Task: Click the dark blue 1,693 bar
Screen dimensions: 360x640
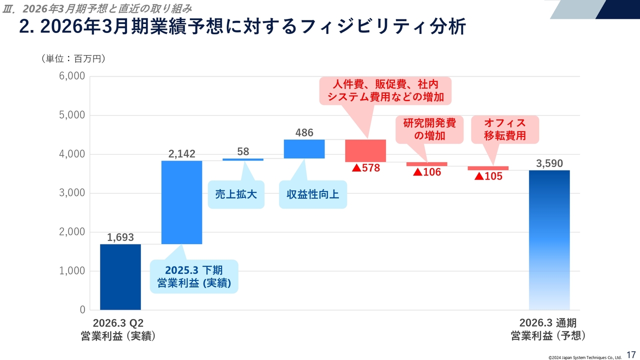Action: click(x=120, y=277)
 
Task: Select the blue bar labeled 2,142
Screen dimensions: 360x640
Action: click(x=182, y=202)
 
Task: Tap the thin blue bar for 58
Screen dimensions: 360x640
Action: click(x=243, y=159)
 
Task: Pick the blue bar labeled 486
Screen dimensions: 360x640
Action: click(x=304, y=149)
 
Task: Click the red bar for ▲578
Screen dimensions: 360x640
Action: click(x=365, y=151)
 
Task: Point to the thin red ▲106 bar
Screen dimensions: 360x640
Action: click(x=426, y=164)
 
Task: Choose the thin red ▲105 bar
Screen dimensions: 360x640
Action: click(x=488, y=168)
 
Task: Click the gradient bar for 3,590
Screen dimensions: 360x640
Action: click(x=549, y=240)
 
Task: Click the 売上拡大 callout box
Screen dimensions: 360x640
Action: click(x=236, y=194)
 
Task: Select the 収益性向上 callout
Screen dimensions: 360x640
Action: click(x=313, y=194)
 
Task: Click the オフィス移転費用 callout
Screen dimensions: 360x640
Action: click(x=505, y=129)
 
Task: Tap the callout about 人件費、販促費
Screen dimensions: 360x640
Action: click(x=385, y=90)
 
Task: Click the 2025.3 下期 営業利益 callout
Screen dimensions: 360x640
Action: click(x=194, y=276)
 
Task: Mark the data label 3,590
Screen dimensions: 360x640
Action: click(x=549, y=163)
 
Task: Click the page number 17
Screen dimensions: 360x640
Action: click(x=631, y=354)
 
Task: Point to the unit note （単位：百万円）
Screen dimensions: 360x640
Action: click(x=73, y=59)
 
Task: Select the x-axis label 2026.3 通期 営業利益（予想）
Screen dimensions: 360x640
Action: click(x=548, y=329)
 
